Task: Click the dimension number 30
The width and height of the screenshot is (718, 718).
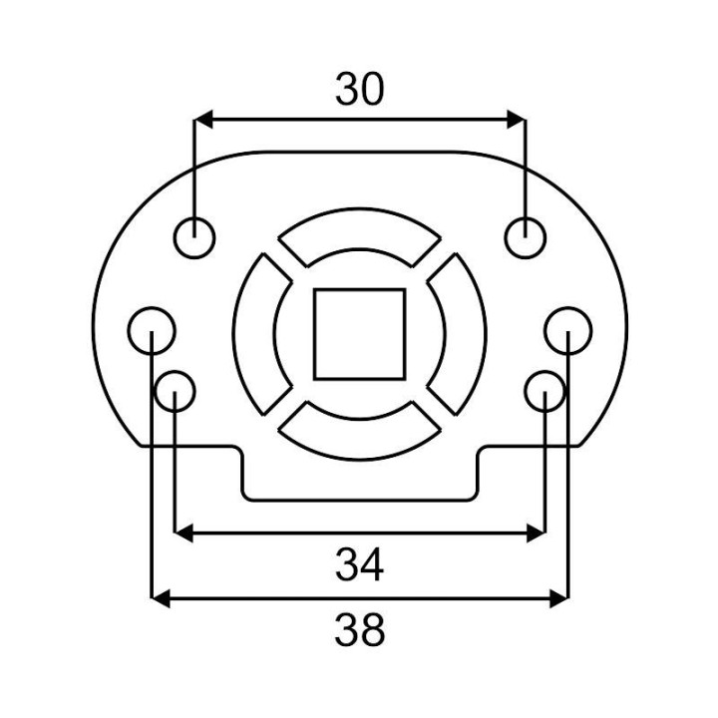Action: (359, 90)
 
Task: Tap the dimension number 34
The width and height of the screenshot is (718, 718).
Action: (359, 565)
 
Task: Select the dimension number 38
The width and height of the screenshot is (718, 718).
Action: (359, 630)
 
